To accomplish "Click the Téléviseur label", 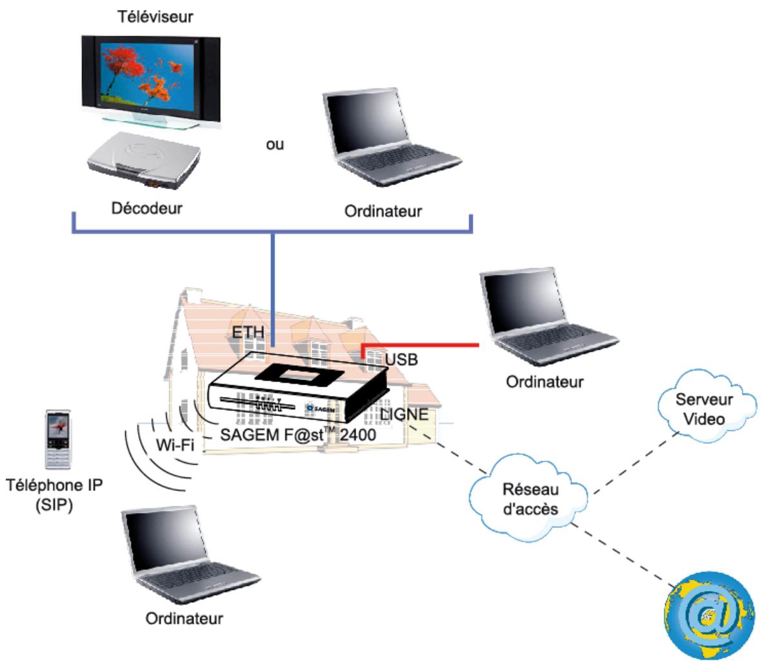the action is click(x=155, y=17).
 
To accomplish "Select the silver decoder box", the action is click(x=145, y=161).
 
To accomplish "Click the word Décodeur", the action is click(x=146, y=208).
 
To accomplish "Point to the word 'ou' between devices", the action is click(x=275, y=145).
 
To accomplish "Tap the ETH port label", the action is click(x=248, y=332).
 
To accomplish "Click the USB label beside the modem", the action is click(x=401, y=359).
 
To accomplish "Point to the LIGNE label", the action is click(x=405, y=414).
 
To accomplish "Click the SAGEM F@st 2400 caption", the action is click(x=298, y=434).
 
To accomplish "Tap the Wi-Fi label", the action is click(x=175, y=445).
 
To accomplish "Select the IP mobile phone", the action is click(x=58, y=439).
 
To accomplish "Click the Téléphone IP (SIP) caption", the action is click(x=54, y=495).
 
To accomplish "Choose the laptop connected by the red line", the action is click(x=548, y=316).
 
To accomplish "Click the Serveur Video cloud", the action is click(x=707, y=407).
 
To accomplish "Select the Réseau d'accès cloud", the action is click(x=529, y=499).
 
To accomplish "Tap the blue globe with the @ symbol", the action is click(x=710, y=616).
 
